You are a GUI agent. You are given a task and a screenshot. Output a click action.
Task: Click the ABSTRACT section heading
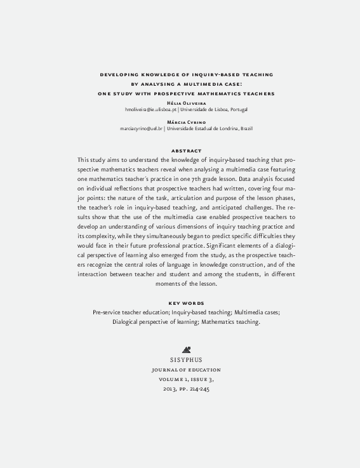click(x=187, y=150)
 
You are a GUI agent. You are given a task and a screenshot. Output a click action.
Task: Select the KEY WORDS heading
click(x=186, y=303)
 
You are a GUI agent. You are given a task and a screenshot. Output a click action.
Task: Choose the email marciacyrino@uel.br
click(x=141, y=128)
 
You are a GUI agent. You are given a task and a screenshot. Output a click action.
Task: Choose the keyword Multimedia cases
click(x=256, y=312)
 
